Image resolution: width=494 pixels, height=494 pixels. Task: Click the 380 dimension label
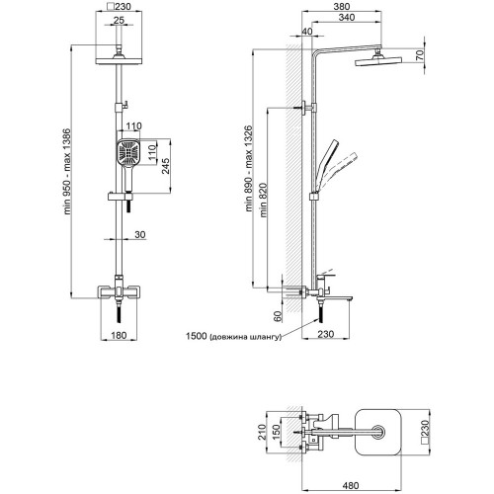coord(342,6)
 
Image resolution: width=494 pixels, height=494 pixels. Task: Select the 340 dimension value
coord(347,17)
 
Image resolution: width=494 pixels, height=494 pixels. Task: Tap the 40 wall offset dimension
coord(307,32)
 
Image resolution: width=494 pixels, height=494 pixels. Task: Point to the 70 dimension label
coord(420,54)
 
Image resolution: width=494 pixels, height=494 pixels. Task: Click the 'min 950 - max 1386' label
coord(67,172)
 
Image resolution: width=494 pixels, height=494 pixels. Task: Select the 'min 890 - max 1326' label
coord(248,168)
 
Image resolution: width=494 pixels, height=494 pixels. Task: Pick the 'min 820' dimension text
coord(264,201)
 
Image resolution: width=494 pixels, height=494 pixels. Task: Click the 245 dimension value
coord(165,167)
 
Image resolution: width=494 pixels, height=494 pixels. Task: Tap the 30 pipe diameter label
coord(140,234)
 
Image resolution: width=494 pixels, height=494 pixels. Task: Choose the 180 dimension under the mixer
coord(119,335)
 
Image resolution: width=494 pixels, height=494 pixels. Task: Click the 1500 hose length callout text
coord(234,336)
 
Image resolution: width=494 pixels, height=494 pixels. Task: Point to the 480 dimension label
coord(350,485)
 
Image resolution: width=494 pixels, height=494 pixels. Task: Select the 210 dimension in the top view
coord(262,432)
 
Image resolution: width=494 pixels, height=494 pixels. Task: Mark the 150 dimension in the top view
coord(276,432)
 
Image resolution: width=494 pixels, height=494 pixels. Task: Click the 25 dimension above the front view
coord(119,20)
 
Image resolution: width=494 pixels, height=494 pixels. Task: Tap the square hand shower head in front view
coord(128,152)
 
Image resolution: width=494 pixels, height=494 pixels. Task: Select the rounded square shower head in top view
coord(378,432)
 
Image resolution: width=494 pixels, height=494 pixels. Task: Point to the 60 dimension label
coord(278,316)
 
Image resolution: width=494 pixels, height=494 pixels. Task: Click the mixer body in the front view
coord(119,291)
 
